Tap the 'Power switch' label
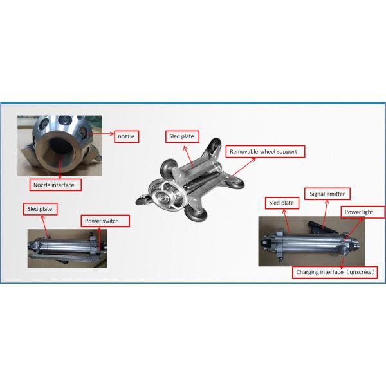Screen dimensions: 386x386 (x=106, y=221)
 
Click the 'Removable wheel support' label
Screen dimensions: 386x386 (x=265, y=152)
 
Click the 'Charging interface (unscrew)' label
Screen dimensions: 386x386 (x=335, y=272)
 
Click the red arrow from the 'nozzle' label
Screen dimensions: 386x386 (x=102, y=136)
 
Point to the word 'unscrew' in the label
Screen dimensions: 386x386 (x=362, y=272)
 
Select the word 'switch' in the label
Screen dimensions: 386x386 (x=116, y=221)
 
